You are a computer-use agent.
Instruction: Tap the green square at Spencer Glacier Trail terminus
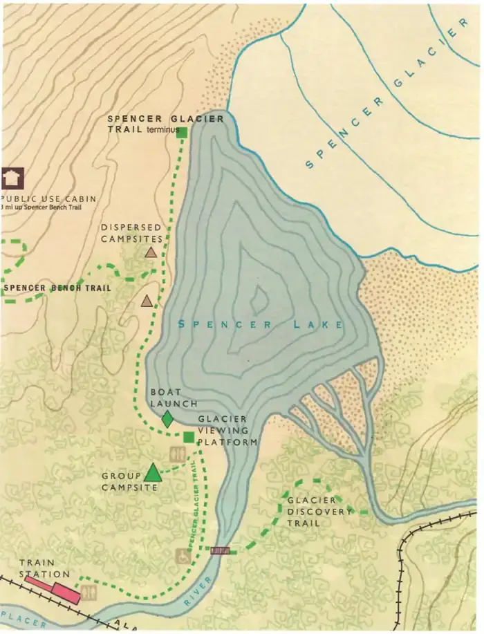pyautogui.click(x=183, y=131)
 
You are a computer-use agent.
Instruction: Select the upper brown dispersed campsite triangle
pyautogui.click(x=151, y=252)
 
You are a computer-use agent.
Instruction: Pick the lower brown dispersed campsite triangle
pyautogui.click(x=147, y=301)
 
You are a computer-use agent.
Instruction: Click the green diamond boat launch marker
pyautogui.click(x=167, y=419)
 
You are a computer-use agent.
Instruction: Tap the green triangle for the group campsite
pyautogui.click(x=152, y=472)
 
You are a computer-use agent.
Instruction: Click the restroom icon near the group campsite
pyautogui.click(x=176, y=454)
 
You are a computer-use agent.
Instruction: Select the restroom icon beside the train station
pyautogui.click(x=89, y=592)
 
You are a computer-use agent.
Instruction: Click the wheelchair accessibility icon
pyautogui.click(x=183, y=554)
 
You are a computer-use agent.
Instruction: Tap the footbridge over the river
pyautogui.click(x=220, y=550)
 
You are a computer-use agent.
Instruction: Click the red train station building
pyautogui.click(x=66, y=593)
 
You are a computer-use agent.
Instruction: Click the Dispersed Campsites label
pyautogui.click(x=131, y=232)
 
